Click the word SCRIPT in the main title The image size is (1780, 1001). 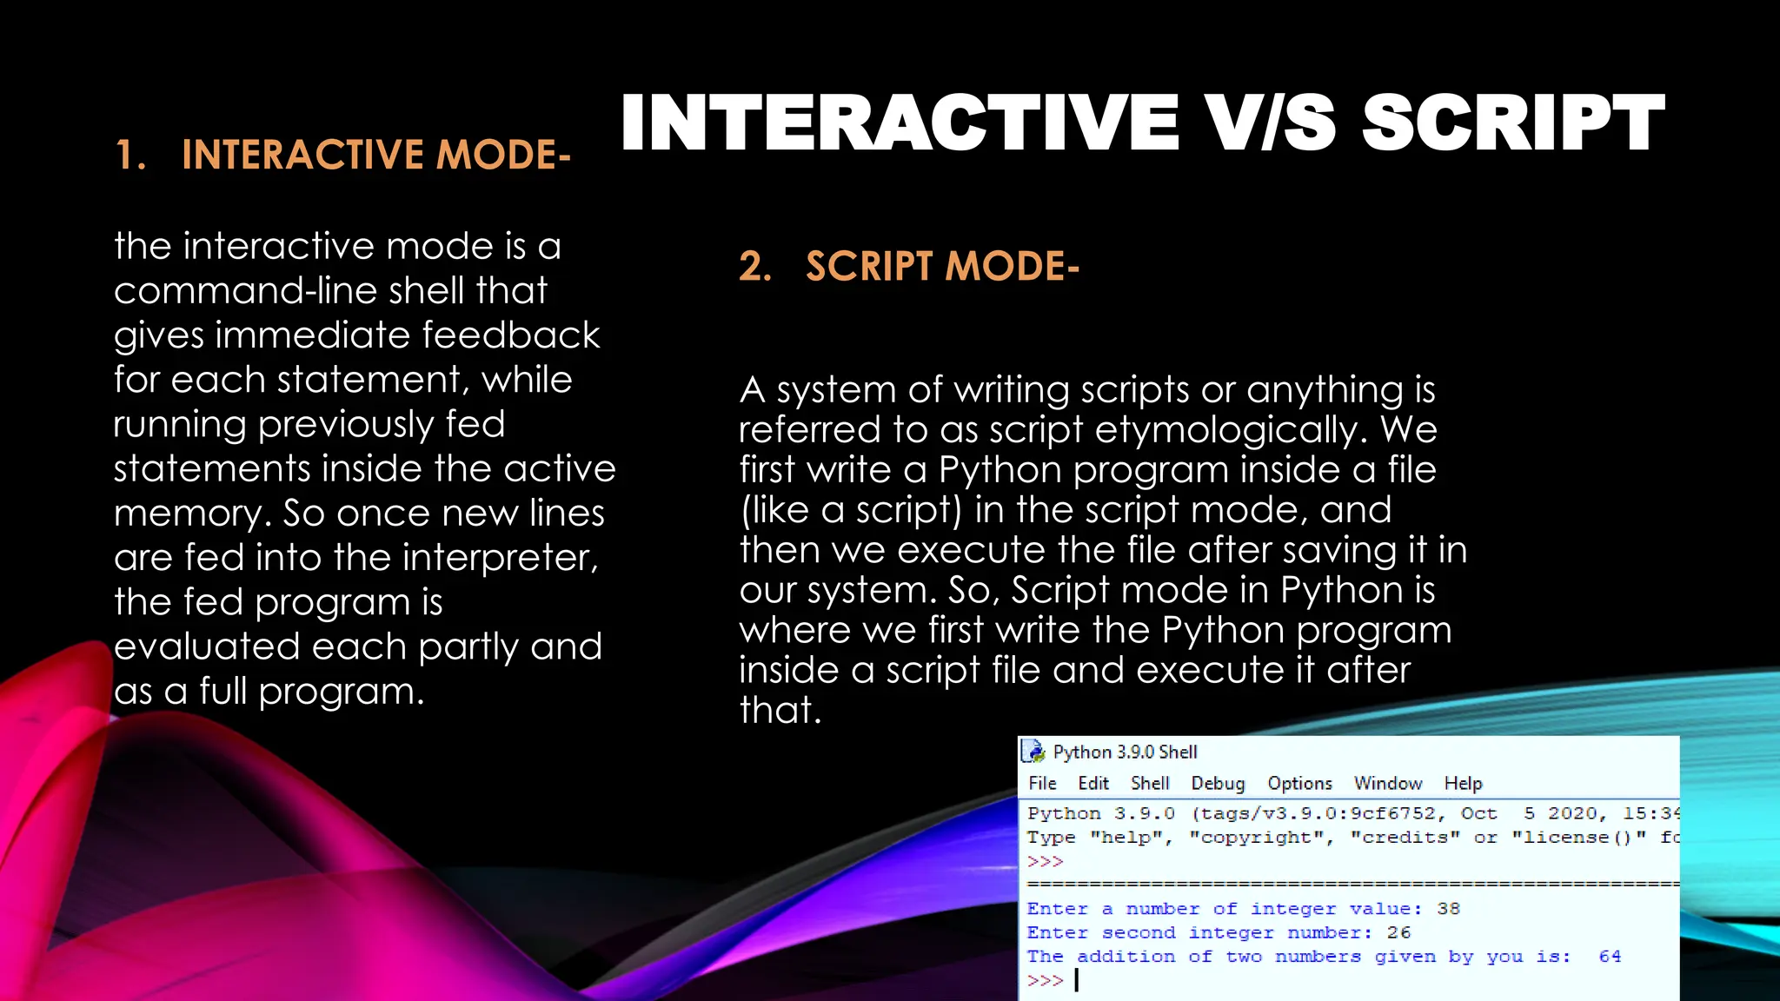point(1512,123)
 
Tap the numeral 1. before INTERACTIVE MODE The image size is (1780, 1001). point(130,155)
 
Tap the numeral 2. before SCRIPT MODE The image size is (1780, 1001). point(754,266)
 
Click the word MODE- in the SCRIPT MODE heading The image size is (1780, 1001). point(1012,266)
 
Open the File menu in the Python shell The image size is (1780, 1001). point(1042,783)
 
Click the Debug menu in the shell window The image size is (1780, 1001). point(1218,783)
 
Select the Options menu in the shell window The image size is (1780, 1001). point(1299,783)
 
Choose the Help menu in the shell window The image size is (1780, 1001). point(1463,783)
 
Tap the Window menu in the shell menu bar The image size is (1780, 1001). point(1388,783)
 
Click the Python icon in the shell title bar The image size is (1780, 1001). point(1033,751)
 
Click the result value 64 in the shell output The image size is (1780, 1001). point(1610,956)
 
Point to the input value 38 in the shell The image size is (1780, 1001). point(1448,908)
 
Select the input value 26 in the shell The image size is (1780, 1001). point(1398,932)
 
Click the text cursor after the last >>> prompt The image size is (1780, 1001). point(1077,980)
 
